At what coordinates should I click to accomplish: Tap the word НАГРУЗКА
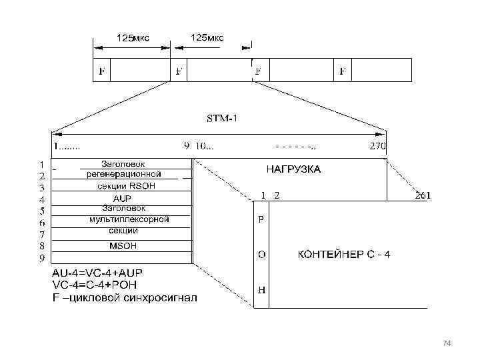click(293, 169)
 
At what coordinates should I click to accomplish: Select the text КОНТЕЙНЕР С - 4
click(343, 255)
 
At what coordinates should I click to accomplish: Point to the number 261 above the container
click(423, 195)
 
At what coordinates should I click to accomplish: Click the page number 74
click(447, 343)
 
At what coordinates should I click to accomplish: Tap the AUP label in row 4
click(122, 198)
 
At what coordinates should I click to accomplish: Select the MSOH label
click(123, 245)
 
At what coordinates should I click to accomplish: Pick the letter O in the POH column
click(261, 255)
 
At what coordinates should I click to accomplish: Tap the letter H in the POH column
click(261, 291)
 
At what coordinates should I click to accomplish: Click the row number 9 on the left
click(41, 258)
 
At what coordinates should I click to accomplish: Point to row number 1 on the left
click(41, 163)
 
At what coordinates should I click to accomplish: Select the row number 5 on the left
click(41, 211)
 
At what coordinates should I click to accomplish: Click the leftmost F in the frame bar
click(101, 70)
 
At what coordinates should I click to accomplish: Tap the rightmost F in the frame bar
click(342, 70)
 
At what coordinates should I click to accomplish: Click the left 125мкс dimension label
click(133, 38)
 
